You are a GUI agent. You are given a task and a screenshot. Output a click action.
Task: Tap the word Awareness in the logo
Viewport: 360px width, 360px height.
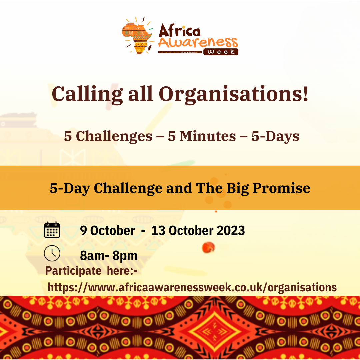[198, 42]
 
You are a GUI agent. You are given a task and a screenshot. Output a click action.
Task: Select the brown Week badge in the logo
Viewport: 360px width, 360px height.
[220, 52]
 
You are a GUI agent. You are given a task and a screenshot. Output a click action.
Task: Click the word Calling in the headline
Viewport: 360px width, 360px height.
[87, 94]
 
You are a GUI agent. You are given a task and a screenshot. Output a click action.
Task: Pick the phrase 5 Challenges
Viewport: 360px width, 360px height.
[108, 137]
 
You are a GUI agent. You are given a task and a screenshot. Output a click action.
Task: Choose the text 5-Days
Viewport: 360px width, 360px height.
[275, 137]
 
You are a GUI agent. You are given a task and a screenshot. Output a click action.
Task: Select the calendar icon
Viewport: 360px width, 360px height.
[52, 230]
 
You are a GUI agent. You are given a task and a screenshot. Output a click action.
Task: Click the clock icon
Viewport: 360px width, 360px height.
[52, 253]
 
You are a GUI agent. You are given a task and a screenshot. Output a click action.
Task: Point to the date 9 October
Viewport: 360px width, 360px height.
[107, 231]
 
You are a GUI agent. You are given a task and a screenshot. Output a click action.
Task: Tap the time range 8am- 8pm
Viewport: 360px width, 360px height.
[109, 256]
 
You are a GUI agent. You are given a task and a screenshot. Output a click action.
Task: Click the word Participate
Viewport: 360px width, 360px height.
[73, 271]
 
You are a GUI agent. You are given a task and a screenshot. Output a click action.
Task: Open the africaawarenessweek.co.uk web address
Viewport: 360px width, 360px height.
[192, 287]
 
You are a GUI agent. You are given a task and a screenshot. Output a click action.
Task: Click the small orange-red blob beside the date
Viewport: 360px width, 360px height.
[209, 247]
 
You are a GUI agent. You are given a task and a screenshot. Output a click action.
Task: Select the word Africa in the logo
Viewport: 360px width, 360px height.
[179, 31]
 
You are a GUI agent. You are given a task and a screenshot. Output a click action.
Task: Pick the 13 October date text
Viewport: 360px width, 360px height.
[182, 231]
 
